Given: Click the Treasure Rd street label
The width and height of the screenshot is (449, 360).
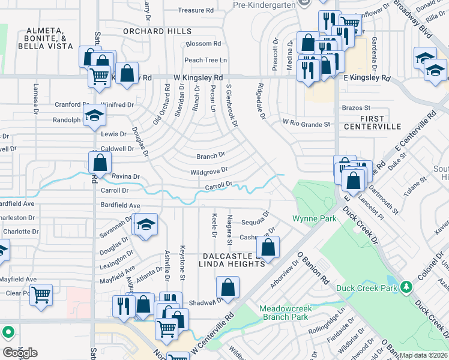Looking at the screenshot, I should (x=196, y=10).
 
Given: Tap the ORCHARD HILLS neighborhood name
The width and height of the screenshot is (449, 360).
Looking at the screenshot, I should (x=157, y=31).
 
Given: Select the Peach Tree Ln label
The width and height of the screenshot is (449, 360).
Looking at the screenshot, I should (x=206, y=60).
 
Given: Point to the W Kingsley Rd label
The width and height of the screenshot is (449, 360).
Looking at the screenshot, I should (x=198, y=78).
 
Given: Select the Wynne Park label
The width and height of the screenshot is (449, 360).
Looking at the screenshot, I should (x=315, y=219).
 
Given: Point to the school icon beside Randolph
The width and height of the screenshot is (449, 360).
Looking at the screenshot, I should (x=94, y=115).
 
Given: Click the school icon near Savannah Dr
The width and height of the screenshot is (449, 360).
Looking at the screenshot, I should (x=145, y=225).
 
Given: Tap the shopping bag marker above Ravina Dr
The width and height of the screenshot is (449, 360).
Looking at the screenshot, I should (x=100, y=162).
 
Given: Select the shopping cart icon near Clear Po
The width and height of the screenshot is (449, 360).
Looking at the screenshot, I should (x=41, y=295).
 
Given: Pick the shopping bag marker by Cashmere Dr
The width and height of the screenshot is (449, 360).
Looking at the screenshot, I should (x=268, y=247).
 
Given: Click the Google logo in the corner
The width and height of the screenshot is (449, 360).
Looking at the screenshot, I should (x=20, y=353).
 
